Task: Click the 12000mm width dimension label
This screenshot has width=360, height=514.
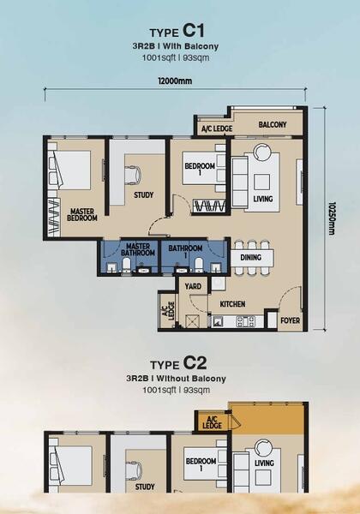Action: tap(176, 81)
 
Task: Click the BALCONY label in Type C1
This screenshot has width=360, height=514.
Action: tap(273, 124)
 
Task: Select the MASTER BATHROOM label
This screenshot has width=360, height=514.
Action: tap(138, 249)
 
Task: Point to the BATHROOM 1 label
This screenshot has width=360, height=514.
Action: tap(185, 251)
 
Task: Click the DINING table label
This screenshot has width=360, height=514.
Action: tap(251, 258)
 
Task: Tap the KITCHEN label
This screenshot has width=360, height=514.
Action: tap(232, 304)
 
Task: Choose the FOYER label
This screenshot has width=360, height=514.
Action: tap(291, 320)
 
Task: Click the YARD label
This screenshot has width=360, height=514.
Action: tap(193, 286)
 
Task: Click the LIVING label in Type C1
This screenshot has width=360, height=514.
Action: tap(263, 199)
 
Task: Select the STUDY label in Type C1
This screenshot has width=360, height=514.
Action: tap(144, 195)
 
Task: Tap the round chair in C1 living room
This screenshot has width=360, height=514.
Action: tap(262, 152)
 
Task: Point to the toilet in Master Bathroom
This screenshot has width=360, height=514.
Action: tap(127, 265)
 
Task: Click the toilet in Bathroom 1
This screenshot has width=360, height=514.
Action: tap(199, 265)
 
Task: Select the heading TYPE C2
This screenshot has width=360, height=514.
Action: tap(178, 363)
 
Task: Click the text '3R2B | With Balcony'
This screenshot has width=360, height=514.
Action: tap(176, 46)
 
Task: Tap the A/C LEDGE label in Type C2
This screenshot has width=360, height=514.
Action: tap(212, 422)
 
